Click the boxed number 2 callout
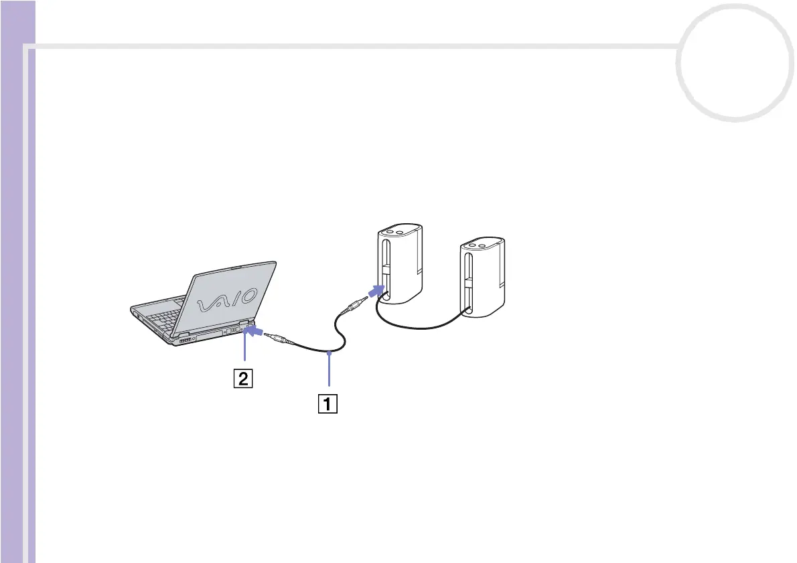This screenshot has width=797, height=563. [242, 379]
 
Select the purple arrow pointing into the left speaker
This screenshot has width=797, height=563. [377, 291]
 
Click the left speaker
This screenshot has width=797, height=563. [399, 265]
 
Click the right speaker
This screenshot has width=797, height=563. [482, 278]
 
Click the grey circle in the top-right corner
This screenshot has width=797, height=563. [734, 64]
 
